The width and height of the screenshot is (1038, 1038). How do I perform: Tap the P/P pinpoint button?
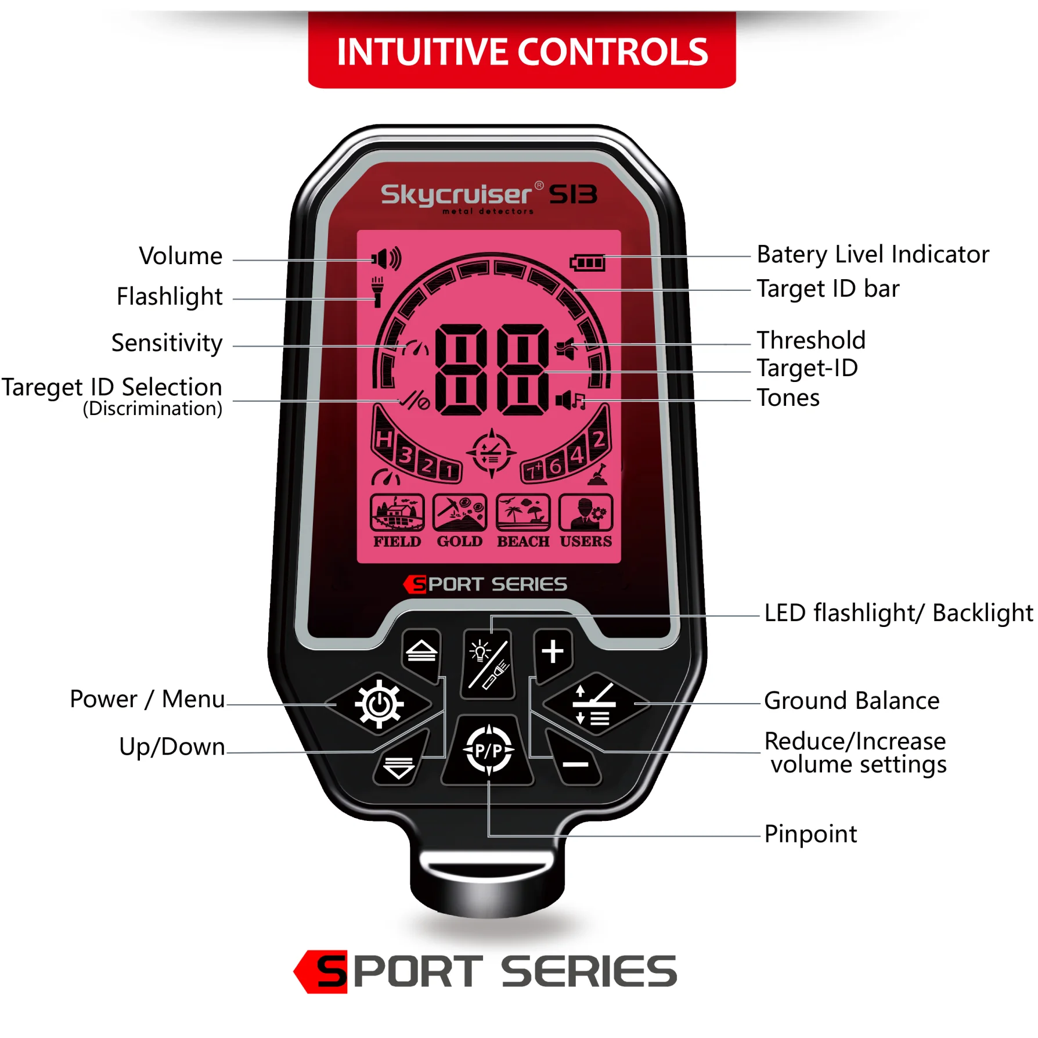[488, 751]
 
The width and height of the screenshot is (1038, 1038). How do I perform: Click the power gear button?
[379, 704]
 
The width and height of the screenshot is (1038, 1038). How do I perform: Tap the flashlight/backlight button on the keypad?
[489, 664]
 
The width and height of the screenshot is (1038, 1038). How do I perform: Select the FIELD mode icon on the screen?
[397, 513]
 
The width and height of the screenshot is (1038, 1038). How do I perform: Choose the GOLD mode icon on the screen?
[459, 513]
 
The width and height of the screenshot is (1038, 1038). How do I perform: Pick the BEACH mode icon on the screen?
[522, 513]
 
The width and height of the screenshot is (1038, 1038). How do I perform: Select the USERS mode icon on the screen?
[586, 513]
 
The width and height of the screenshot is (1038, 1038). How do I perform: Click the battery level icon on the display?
[588, 263]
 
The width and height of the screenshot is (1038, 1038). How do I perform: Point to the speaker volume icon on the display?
[386, 259]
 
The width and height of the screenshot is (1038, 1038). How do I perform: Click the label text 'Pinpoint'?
[810, 834]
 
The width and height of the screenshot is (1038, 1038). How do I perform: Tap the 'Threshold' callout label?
[810, 340]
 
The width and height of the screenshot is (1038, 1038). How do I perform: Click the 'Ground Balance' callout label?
[851, 701]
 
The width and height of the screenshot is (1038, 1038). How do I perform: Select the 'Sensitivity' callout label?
[167, 343]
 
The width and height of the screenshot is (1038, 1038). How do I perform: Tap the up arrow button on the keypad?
[421, 651]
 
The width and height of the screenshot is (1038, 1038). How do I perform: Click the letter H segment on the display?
[383, 439]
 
